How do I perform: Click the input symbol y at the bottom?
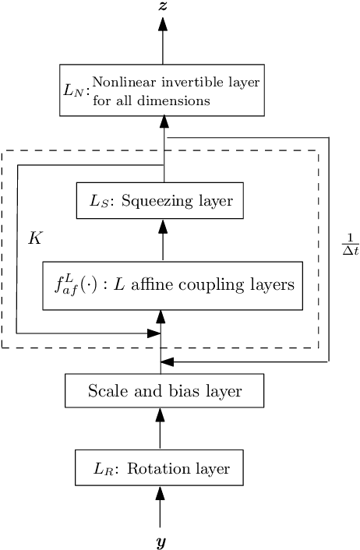click(161, 540)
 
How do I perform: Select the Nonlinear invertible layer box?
click(163, 90)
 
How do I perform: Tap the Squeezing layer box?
click(160, 201)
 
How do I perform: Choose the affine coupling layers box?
click(172, 285)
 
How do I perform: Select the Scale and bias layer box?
click(164, 390)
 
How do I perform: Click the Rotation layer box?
click(160, 469)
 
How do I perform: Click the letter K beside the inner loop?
click(34, 238)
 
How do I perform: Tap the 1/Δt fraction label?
click(349, 243)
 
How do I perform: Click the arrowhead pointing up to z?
click(163, 23)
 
